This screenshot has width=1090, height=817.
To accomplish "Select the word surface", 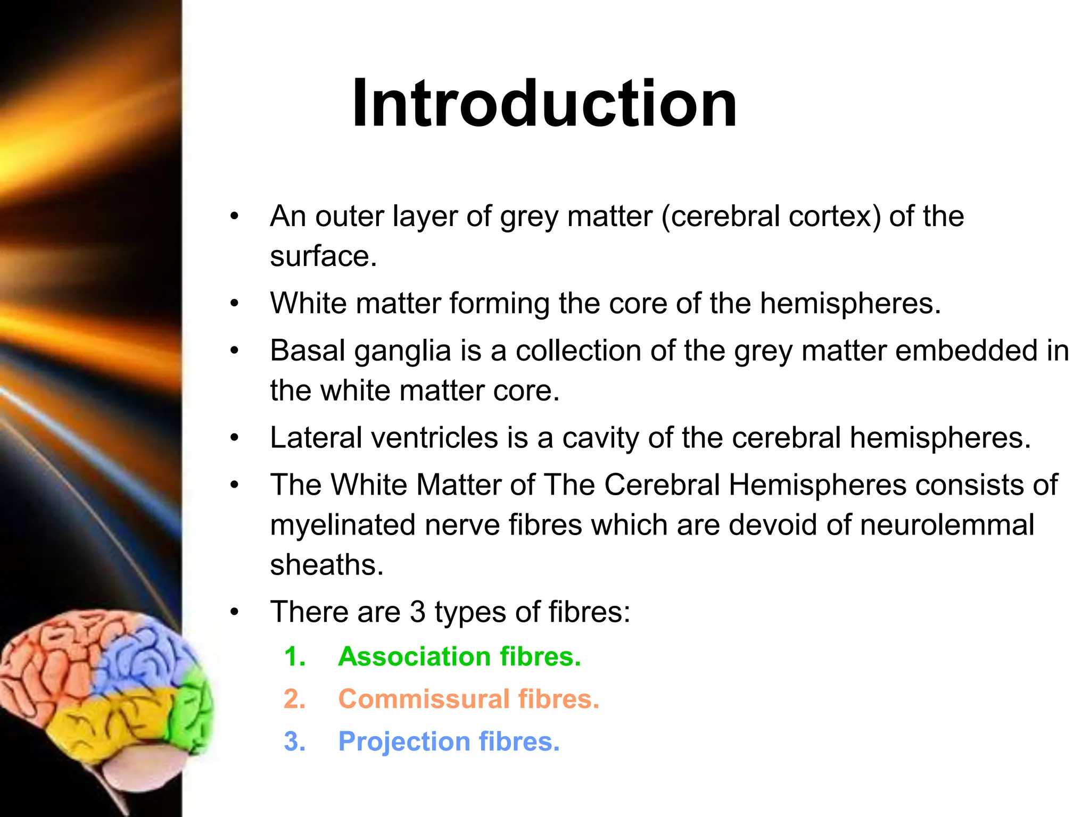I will [x=323, y=256].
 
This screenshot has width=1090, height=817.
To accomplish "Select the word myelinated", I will [x=343, y=526].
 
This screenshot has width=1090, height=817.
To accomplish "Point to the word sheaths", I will [x=326, y=565].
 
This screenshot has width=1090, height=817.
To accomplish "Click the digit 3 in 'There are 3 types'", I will [x=417, y=612].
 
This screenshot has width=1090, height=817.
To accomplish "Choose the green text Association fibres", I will [x=459, y=656].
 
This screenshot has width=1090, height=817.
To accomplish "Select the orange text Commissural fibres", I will [x=468, y=699].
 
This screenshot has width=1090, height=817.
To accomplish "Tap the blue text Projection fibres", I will [x=449, y=741].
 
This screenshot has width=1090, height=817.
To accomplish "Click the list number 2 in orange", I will [x=294, y=699].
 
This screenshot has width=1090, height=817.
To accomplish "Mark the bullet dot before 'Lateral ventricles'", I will [x=235, y=438].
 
